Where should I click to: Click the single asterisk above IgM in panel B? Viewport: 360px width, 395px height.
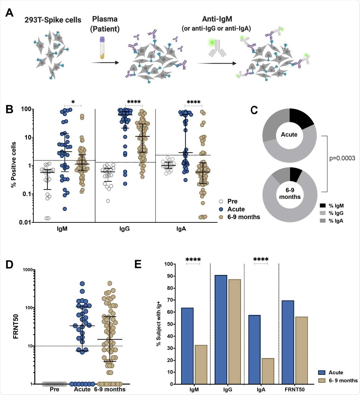pos(73,102)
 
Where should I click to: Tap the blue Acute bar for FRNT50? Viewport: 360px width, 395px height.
pos(288,342)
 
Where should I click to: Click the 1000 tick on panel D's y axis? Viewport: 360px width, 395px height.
pos(28,270)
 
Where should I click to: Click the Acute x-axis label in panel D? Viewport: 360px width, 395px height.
pos(82,389)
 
